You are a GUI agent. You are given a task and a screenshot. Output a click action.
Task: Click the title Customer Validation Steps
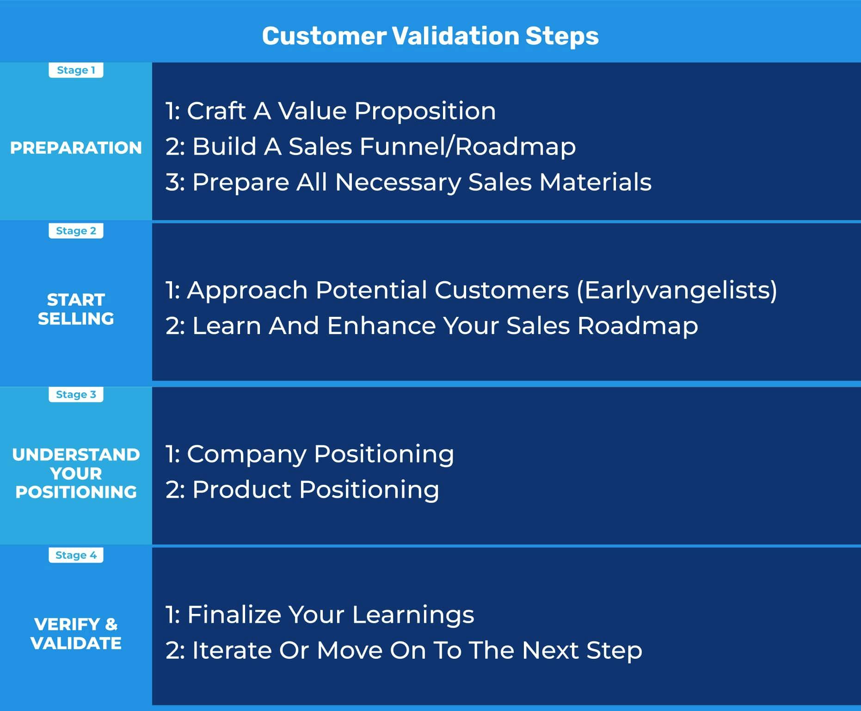430,36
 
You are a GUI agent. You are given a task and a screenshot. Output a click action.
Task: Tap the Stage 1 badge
76,70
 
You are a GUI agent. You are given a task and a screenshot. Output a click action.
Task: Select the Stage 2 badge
76,230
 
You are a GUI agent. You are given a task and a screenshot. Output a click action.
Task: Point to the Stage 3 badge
76,394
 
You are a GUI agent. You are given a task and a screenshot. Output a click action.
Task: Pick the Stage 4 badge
76,555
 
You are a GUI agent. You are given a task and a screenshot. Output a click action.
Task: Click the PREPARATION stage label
76,148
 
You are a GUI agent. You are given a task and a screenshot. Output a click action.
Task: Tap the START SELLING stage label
76,309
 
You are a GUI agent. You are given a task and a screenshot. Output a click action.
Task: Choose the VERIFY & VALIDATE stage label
76,633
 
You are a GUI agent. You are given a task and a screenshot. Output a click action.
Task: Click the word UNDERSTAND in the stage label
76,454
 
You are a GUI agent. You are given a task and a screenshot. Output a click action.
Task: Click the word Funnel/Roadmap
467,147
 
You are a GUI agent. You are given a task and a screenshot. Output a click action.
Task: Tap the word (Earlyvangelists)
677,291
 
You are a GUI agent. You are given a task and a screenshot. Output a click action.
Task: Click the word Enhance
381,326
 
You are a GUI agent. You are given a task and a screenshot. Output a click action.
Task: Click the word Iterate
232,650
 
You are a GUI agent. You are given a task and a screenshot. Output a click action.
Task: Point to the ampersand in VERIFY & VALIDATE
111,624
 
